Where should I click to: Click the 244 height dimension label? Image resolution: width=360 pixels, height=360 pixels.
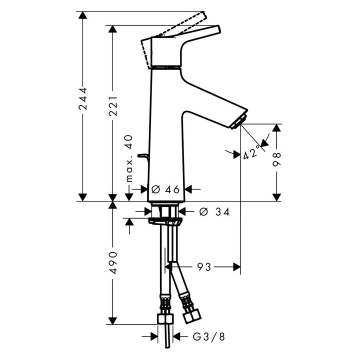[83, 98]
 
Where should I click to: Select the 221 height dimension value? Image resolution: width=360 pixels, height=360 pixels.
[113, 106]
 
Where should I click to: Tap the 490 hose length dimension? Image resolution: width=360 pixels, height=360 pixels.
[113, 263]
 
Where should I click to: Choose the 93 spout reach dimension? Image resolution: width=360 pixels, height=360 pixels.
[204, 267]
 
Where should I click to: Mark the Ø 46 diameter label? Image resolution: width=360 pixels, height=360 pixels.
[165, 189]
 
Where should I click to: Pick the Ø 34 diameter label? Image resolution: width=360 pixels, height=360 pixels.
[214, 211]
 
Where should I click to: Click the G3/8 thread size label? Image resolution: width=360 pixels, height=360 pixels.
[208, 337]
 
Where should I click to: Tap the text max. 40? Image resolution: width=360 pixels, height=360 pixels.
[129, 158]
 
